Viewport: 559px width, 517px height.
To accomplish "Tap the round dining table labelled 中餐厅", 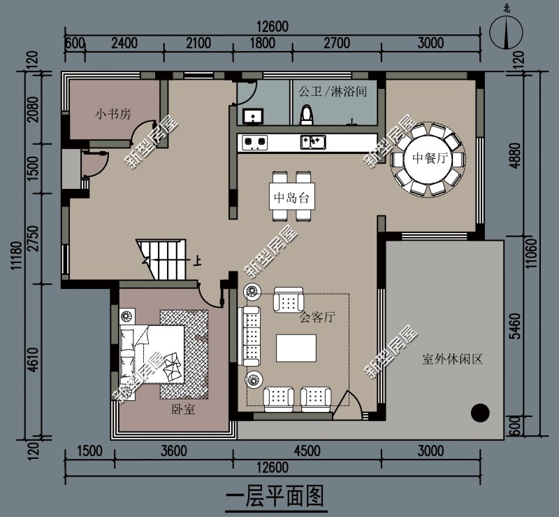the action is point(428,159).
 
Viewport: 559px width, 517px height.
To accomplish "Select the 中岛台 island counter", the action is point(292,197).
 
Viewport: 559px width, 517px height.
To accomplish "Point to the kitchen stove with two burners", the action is point(254,143).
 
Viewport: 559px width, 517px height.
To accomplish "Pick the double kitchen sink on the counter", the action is point(312,142).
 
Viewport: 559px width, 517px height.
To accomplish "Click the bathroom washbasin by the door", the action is point(253,116).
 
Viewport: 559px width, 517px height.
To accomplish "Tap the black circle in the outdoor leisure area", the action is point(480,412).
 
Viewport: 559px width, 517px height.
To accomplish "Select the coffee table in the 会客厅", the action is point(296,348).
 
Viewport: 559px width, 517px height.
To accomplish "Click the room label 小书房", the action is point(112,114).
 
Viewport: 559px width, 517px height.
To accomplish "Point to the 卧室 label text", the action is point(184,409).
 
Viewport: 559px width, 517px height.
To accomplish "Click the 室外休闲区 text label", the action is point(452,359).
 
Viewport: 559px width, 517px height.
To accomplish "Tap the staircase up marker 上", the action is point(197,262).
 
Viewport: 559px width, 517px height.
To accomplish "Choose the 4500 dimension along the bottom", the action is point(307,451).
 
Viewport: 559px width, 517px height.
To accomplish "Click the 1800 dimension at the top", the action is point(263,43).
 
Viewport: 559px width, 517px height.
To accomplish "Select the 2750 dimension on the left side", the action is point(34,239).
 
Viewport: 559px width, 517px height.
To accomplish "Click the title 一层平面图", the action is point(275,496).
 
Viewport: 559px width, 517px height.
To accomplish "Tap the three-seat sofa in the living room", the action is point(249,337).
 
